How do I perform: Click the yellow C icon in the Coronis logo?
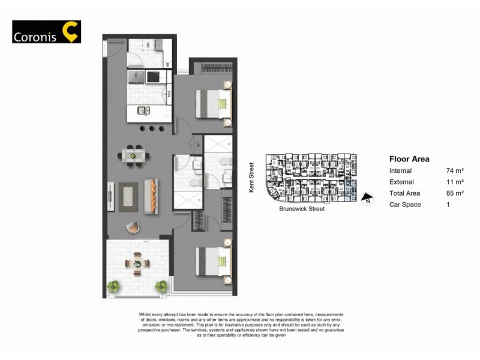click(x=70, y=32)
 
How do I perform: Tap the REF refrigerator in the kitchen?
click(x=136, y=77)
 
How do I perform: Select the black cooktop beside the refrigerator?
click(x=153, y=77)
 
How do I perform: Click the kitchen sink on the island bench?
click(x=144, y=110)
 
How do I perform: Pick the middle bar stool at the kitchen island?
click(x=152, y=128)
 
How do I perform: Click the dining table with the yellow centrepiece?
click(x=133, y=155)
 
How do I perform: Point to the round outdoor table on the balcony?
click(x=137, y=263)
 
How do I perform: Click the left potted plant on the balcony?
click(x=113, y=286)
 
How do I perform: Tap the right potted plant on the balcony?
click(x=161, y=286)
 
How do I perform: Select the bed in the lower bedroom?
click(x=215, y=262)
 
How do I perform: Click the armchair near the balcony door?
click(x=133, y=227)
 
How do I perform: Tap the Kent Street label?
click(x=252, y=178)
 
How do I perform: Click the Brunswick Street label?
click(x=302, y=209)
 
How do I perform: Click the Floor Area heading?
click(x=409, y=159)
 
